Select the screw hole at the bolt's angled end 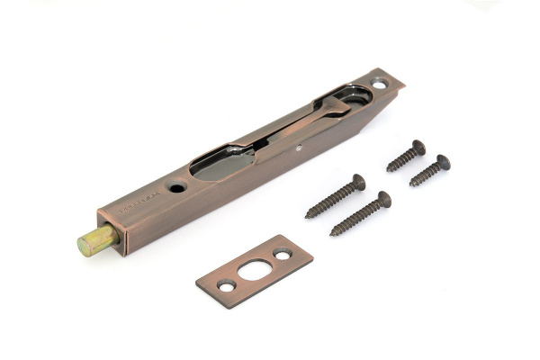[379, 84]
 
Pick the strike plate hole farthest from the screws [226, 285]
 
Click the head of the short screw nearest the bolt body [418, 146]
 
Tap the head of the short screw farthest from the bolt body [441, 163]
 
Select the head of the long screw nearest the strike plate [383, 198]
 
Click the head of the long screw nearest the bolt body [358, 182]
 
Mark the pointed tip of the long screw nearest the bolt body [308, 217]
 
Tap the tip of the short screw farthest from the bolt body [411, 185]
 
